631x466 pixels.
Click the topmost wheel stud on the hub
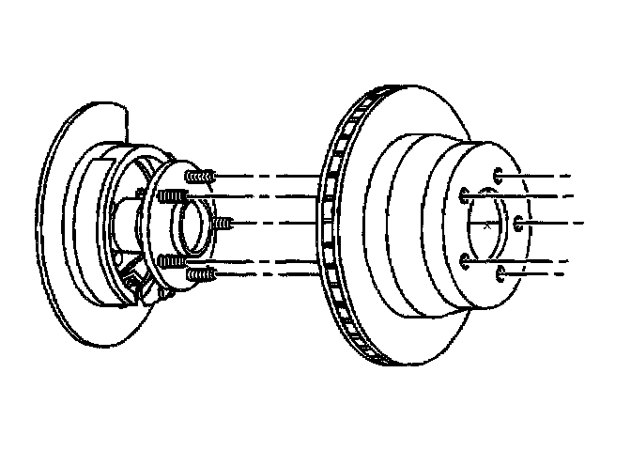tap(200, 176)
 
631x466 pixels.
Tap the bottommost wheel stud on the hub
tap(201, 273)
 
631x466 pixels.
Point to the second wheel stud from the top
tap(172, 195)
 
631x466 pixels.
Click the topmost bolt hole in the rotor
tap(499, 176)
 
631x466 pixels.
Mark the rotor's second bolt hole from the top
tap(465, 196)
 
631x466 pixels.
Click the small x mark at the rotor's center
tap(485, 225)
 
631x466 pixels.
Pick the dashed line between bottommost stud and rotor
tap(268, 273)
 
